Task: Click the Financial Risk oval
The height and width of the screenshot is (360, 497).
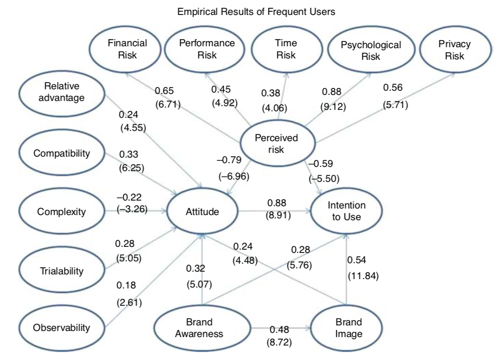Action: pos(127,49)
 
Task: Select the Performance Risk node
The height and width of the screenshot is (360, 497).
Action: pos(207,49)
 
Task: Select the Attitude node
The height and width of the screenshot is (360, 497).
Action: pos(202,212)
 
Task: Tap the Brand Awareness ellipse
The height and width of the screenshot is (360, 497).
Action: pos(202,328)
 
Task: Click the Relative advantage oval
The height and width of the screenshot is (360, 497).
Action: pos(61,92)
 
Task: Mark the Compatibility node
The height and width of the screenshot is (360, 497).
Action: pos(61,154)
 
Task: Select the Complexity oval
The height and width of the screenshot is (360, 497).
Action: pos(61,212)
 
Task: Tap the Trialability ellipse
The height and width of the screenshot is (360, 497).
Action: pos(61,270)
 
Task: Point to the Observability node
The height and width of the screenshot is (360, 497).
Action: pos(61,328)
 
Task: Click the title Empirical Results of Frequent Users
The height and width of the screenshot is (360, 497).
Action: pos(256,13)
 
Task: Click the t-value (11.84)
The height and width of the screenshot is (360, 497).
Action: pos(363,275)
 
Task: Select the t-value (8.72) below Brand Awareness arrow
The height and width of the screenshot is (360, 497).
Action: pos(278,343)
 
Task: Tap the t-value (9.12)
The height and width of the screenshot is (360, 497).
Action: pos(333,108)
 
